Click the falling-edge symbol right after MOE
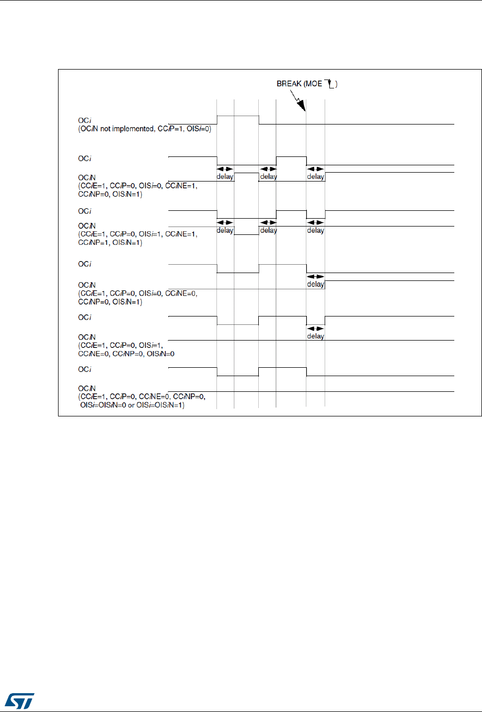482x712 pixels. [329, 83]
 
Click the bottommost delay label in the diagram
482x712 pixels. [315, 336]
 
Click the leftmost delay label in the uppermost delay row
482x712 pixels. [225, 177]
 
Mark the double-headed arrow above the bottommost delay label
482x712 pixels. [315, 329]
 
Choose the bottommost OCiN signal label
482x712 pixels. [87, 389]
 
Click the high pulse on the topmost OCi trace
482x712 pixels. [238, 116]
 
